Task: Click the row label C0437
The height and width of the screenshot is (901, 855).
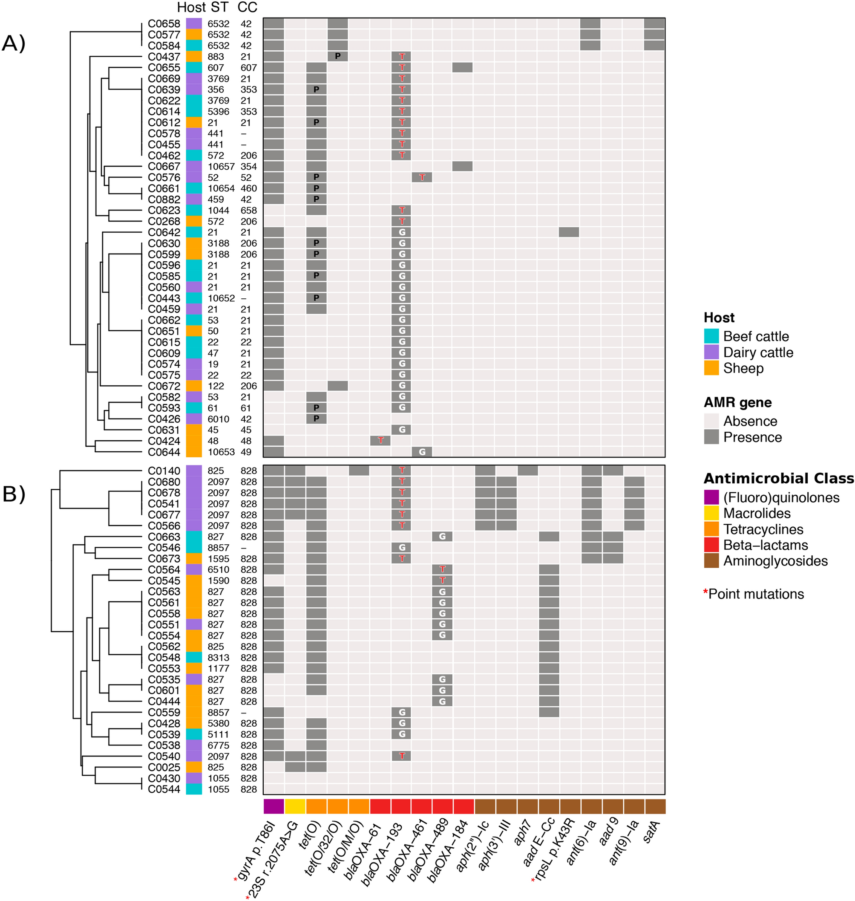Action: [x=164, y=57]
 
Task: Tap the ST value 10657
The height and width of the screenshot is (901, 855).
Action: [x=221, y=166]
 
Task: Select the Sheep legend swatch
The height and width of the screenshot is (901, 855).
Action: [x=711, y=368]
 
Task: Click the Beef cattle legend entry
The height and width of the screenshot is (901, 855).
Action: [x=756, y=337]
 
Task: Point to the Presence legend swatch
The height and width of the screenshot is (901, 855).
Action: [x=711, y=437]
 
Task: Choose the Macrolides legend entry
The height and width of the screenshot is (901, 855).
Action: [x=757, y=514]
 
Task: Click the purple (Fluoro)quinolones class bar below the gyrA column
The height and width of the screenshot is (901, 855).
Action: [x=273, y=806]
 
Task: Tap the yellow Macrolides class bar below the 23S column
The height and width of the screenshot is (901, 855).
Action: [x=295, y=806]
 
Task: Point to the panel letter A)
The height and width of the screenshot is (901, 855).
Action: [x=14, y=43]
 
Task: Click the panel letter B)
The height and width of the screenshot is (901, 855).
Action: [x=14, y=494]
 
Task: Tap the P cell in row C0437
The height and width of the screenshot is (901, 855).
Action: [x=338, y=56]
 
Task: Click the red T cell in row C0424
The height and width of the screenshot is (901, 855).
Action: [x=380, y=440]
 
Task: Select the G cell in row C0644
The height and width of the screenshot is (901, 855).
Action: [x=422, y=452]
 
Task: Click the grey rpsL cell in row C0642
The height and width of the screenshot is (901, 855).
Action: [x=569, y=232]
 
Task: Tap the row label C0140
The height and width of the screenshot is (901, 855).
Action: [x=164, y=471]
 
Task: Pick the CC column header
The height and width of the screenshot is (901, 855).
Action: [x=248, y=7]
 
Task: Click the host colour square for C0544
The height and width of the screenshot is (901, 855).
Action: [x=194, y=789]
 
